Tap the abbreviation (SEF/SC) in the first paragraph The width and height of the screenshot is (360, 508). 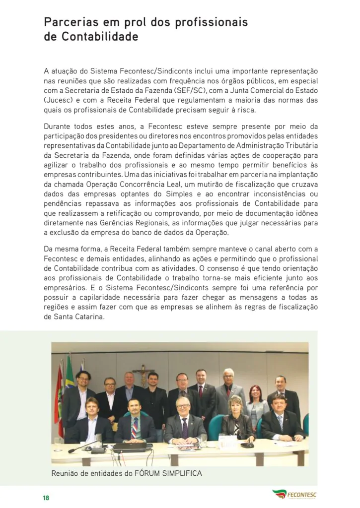[189, 90]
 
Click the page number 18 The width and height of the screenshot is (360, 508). [46, 498]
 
